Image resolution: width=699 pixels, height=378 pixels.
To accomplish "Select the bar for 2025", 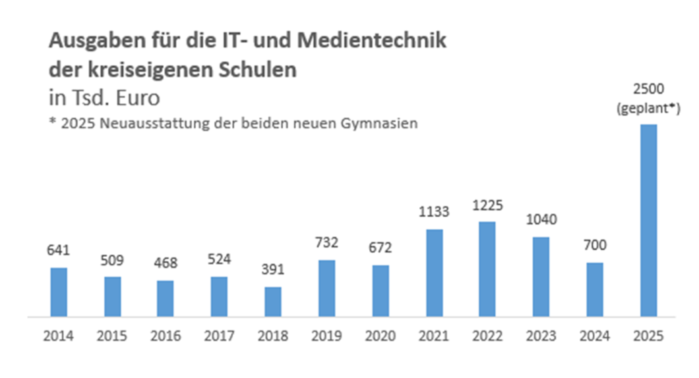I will coord(649,221).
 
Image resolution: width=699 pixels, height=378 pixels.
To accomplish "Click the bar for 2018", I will coord(273,302).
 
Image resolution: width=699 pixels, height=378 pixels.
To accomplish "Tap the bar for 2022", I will coord(487,269).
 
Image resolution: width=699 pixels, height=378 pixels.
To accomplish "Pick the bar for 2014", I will coord(59,292).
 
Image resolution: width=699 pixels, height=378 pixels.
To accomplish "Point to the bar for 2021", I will coord(434,273).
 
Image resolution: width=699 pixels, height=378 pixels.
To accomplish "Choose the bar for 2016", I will coord(166,298).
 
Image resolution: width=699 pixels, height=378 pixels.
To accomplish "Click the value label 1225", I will coord(487,205).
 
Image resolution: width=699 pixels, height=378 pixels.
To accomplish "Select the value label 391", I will coord(273,271).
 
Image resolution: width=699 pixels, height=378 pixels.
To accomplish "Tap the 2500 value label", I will coord(649,90).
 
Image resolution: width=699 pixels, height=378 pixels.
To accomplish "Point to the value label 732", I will coord(326,243).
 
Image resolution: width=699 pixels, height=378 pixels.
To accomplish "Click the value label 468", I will coord(166,264).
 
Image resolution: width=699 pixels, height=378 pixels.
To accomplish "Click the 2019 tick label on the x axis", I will coord(326,336).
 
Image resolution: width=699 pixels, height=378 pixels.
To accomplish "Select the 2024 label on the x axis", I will coord(595,336).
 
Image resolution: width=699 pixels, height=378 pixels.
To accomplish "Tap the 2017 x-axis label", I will coord(220,336).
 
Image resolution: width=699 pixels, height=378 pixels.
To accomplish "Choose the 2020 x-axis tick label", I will coord(380,336).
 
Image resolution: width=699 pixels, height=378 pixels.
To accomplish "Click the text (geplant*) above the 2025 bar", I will coord(649,109).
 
